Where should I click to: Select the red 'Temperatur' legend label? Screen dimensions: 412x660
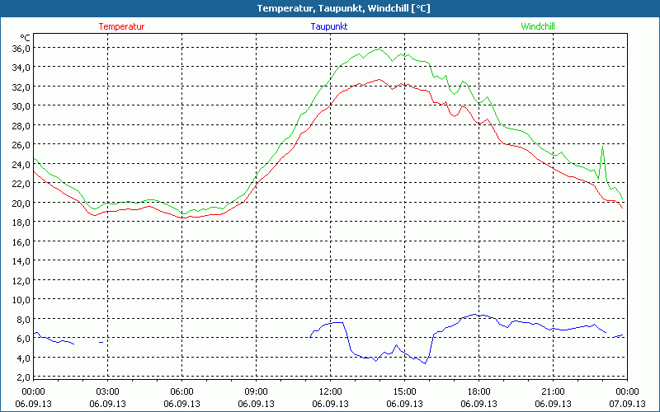[x=121, y=26]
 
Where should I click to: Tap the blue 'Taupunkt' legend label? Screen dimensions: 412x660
[x=329, y=26]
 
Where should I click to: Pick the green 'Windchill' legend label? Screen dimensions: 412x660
[x=537, y=26]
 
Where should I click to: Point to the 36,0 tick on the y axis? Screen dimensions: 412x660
[x=20, y=48]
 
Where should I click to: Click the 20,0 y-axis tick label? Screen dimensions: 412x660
[x=20, y=203]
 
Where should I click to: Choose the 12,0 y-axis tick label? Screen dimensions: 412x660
[x=20, y=280]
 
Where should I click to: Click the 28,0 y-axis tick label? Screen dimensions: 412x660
[x=20, y=125]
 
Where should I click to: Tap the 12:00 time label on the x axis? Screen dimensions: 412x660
[x=330, y=391]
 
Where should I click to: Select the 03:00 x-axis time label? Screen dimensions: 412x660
[x=107, y=391]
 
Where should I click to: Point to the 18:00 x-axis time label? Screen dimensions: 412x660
[x=478, y=391]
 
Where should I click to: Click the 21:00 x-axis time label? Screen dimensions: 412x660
[x=553, y=391]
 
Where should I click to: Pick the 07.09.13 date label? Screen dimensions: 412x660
[x=627, y=404]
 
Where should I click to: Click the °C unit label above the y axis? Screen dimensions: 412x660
[x=26, y=37]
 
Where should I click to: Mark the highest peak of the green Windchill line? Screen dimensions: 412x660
[x=379, y=49]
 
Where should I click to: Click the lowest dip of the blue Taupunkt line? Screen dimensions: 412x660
[x=425, y=363]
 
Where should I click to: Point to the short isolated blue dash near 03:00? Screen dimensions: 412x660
[x=101, y=342]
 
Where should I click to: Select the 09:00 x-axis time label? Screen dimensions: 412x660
[x=256, y=391]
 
